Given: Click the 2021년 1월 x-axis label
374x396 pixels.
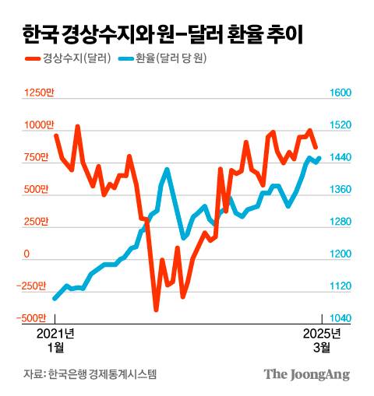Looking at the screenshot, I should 56,340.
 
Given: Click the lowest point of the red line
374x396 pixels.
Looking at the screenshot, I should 156,310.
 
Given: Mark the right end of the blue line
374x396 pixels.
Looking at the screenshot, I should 319,158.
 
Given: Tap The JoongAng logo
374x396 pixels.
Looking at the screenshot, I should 306,374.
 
